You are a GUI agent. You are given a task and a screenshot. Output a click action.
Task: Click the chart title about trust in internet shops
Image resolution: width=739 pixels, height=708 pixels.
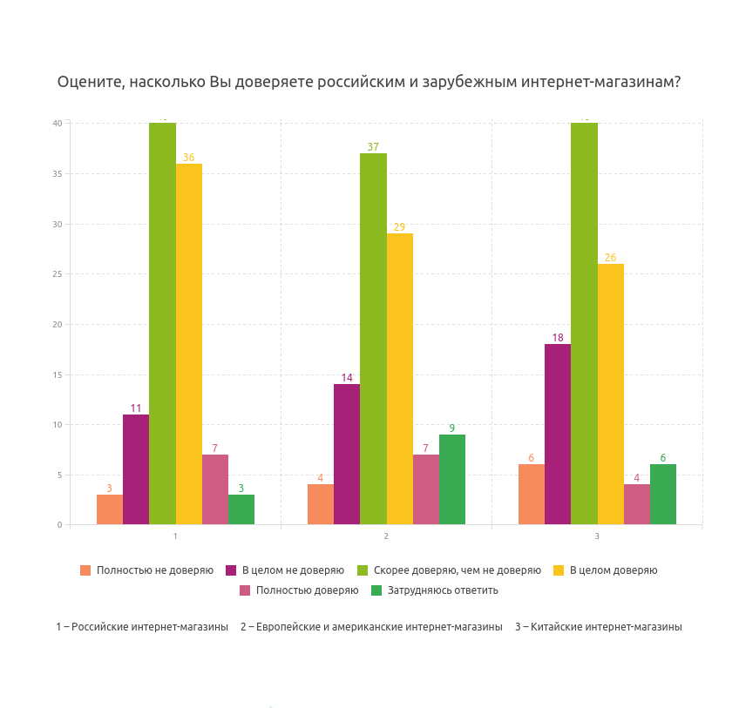coord(369,83)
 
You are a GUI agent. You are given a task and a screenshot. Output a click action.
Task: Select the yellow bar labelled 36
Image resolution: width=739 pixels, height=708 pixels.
coord(189,344)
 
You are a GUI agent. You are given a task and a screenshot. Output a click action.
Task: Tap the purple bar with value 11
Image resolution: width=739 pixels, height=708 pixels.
coord(136,469)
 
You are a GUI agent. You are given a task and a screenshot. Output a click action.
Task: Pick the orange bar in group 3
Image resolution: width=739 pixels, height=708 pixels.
coord(532,495)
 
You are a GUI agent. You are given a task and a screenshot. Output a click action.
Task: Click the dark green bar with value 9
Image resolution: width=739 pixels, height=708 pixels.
coord(452,480)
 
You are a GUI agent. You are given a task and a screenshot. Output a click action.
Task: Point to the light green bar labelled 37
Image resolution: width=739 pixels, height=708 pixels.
coord(373,339)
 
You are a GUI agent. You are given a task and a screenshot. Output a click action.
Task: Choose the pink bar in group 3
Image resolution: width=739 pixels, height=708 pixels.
coord(637,504)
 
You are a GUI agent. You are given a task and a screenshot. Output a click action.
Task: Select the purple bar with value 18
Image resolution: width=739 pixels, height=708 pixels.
coord(558,435)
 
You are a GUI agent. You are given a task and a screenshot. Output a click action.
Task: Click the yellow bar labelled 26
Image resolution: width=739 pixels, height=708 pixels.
coord(611,394)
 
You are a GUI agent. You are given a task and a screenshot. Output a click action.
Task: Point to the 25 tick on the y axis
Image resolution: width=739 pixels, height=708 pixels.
coord(57,274)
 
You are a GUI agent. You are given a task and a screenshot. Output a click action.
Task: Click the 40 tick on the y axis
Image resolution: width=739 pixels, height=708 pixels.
coord(57,124)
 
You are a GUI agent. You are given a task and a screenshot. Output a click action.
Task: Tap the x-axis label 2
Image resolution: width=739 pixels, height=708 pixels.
coord(386,536)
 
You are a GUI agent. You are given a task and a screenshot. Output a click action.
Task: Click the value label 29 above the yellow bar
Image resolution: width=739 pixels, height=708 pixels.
coord(399,227)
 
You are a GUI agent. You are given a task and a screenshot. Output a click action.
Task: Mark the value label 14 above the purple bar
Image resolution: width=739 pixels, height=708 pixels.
coord(347,378)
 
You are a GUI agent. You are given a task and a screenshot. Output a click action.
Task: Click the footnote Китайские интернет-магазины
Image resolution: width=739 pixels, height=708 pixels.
coord(599,627)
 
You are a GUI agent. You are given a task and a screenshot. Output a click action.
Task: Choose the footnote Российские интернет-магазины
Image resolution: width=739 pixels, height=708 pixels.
coord(142,627)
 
